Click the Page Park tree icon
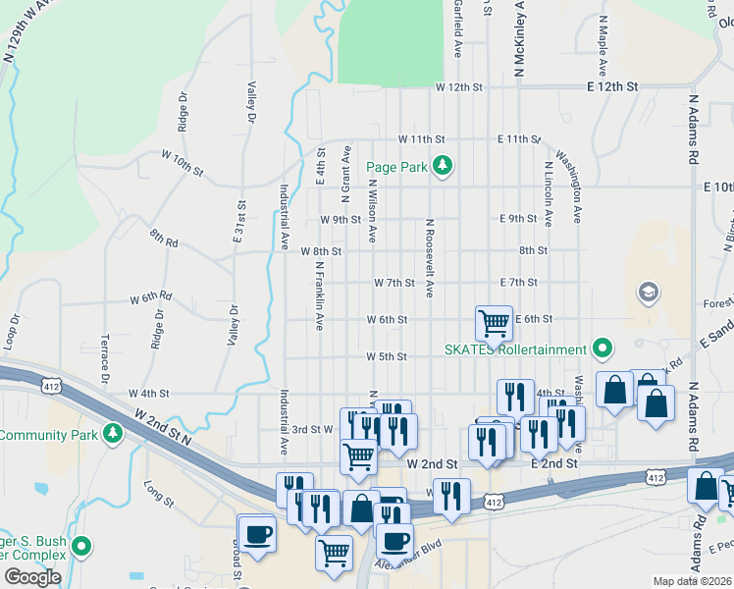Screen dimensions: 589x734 click(443, 166)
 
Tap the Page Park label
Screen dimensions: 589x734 click(396, 168)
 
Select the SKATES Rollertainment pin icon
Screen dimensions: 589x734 click(603, 348)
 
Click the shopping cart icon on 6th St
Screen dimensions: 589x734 click(494, 322)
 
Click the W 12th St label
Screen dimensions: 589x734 click(459, 87)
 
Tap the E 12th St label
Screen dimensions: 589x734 click(612, 87)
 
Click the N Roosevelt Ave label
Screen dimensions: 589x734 click(429, 257)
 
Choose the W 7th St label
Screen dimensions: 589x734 click(394, 283)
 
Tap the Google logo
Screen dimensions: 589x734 click(32, 577)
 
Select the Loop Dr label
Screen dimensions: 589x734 click(13, 333)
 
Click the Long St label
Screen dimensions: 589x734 click(158, 495)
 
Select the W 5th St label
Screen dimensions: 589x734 click(386, 356)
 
